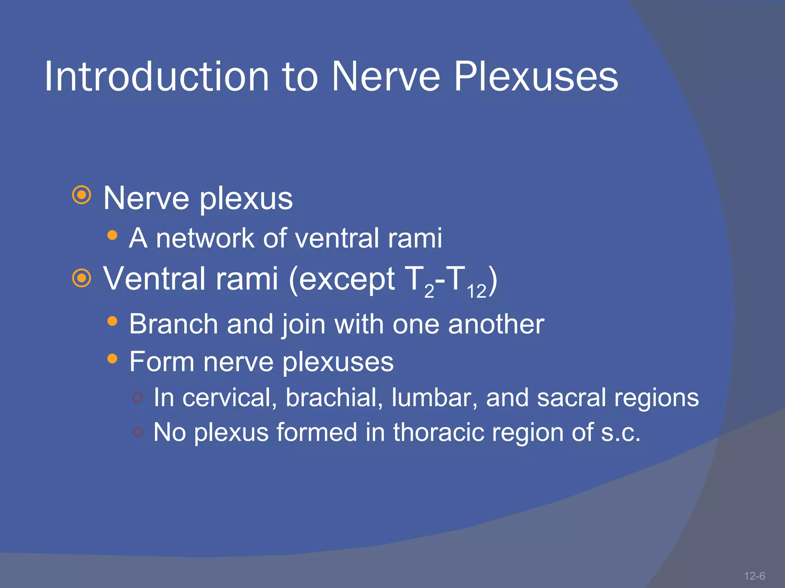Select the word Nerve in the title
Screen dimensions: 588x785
(386, 77)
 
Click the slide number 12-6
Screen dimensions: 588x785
(754, 576)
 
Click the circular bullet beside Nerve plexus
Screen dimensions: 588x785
(82, 196)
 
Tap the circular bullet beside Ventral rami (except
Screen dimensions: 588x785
(82, 278)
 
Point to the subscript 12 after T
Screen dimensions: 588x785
(476, 292)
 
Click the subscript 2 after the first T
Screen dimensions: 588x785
(429, 292)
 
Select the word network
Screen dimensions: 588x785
(205, 238)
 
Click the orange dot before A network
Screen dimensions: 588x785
(112, 235)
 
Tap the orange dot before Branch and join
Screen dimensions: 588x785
(112, 321)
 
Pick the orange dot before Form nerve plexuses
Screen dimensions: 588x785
(112, 359)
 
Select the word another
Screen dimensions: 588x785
(496, 324)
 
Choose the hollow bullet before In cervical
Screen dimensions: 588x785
(138, 397)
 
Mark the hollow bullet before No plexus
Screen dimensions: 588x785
(138, 432)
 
